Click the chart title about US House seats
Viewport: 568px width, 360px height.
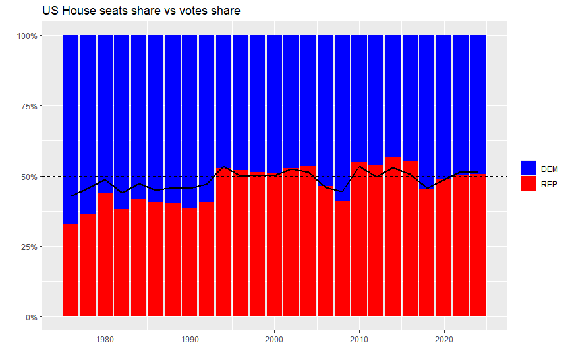point(141,11)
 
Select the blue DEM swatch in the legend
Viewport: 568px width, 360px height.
point(528,168)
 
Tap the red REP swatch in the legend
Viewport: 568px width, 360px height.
point(528,183)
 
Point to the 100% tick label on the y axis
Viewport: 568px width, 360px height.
point(26,36)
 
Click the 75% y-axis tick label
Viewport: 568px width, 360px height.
point(28,106)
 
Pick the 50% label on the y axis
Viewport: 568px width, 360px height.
point(28,177)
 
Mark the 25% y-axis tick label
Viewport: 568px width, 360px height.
point(28,247)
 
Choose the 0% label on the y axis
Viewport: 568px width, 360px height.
point(30,318)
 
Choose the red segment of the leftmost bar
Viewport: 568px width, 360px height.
point(71,270)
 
